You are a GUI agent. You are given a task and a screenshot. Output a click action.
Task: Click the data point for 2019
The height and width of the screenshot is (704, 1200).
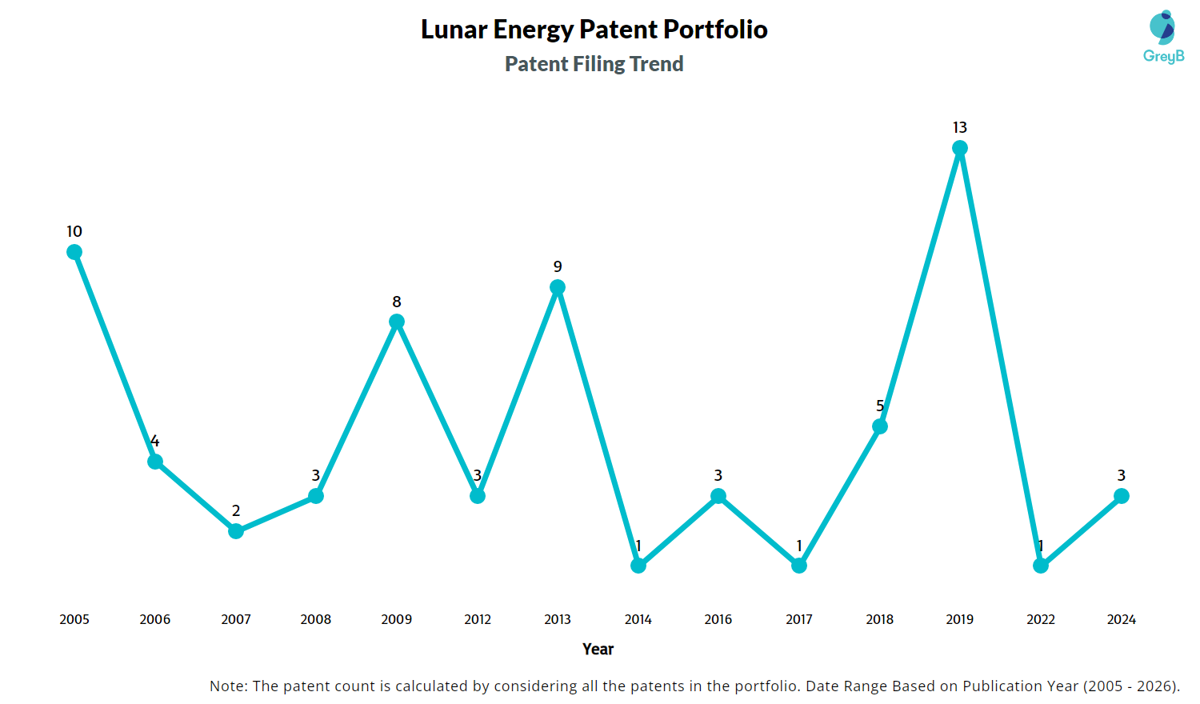tap(960, 148)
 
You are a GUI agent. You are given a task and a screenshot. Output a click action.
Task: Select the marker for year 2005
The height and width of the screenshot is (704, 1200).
tap(74, 252)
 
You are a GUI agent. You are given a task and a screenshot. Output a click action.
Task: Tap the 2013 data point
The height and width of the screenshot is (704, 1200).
tap(558, 287)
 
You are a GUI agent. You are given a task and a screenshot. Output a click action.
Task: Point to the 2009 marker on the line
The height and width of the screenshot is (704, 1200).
tap(397, 322)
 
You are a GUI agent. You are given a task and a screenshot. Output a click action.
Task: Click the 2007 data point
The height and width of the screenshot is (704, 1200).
tap(236, 531)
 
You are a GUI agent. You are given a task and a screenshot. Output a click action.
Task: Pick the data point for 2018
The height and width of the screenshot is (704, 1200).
tap(880, 426)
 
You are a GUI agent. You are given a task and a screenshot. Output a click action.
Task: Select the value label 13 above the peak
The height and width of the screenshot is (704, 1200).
tap(960, 128)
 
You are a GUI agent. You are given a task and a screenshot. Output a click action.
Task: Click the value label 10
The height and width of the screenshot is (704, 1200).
tap(74, 232)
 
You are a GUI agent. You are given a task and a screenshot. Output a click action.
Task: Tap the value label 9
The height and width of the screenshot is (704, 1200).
tap(558, 267)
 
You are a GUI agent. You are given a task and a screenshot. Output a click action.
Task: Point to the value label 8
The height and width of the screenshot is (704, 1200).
tap(397, 302)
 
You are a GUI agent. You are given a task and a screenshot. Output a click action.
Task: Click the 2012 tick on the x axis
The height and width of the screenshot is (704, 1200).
tap(478, 619)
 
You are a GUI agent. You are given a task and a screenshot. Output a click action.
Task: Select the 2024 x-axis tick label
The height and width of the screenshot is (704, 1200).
tap(1122, 619)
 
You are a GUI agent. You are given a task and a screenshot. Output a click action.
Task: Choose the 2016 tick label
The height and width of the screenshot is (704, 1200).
tap(718, 619)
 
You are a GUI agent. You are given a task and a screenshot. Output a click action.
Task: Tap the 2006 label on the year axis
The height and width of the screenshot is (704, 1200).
tap(155, 619)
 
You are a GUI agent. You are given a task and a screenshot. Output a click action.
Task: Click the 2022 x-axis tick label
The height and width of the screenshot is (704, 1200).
tap(1041, 619)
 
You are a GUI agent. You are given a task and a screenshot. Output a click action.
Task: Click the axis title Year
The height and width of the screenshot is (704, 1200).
tap(598, 649)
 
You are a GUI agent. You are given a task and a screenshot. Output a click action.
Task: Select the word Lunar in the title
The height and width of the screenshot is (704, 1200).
tap(454, 30)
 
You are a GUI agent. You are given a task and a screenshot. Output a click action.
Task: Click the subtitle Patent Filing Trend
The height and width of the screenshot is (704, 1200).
tap(594, 64)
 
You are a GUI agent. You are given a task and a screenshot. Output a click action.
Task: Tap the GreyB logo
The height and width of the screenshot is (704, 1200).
tap(1163, 37)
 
